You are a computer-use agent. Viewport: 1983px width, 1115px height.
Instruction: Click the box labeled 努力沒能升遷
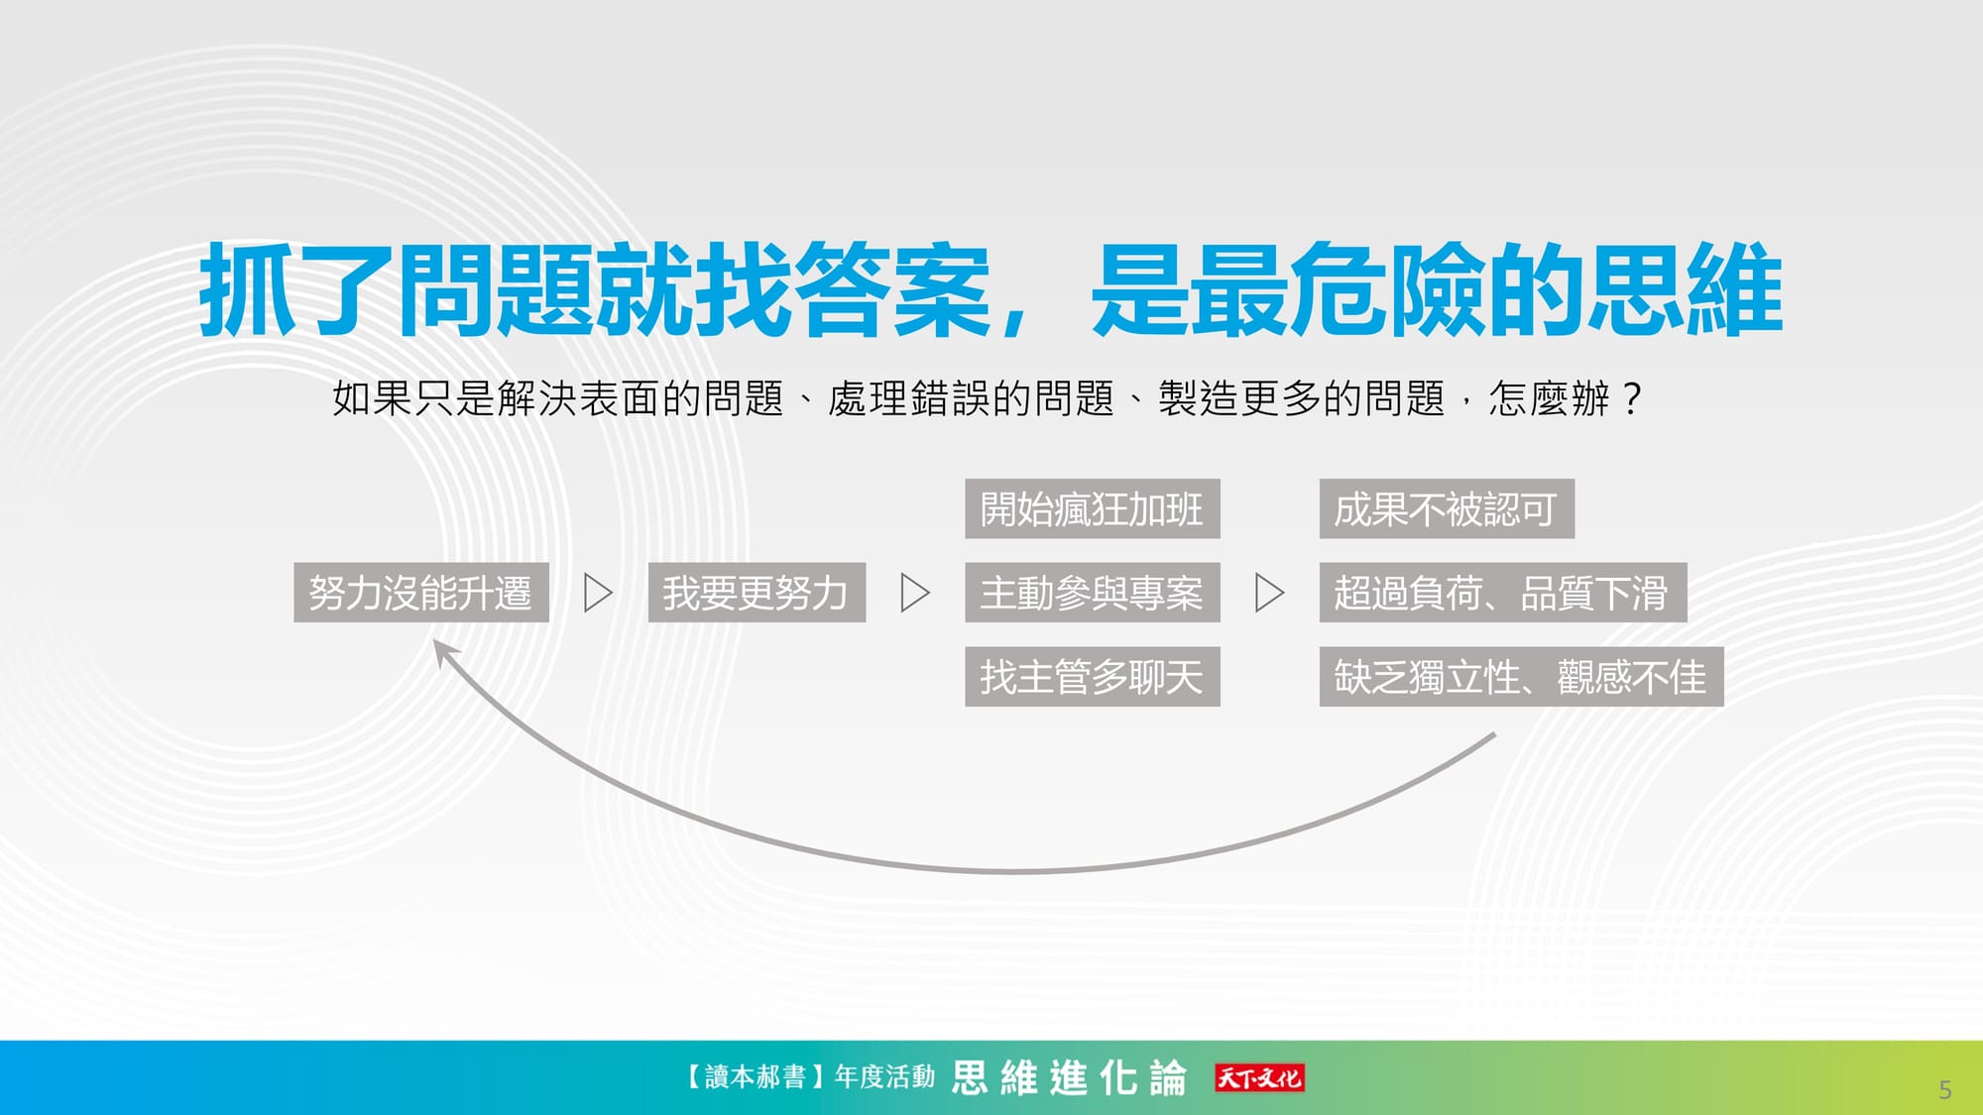tap(421, 593)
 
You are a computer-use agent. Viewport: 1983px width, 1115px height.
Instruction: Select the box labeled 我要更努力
tap(757, 593)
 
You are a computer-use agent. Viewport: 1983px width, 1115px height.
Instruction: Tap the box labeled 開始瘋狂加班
tap(1093, 509)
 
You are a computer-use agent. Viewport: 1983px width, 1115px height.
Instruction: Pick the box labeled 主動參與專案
tap(1093, 593)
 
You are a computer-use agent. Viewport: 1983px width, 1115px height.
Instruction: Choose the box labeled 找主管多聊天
tap(1093, 677)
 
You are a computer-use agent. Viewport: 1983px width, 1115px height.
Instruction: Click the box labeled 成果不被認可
tap(1447, 509)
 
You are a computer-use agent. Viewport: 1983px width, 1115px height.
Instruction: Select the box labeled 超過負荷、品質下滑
tap(1503, 593)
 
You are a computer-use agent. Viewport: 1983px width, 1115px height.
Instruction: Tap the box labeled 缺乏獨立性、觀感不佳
tap(1522, 677)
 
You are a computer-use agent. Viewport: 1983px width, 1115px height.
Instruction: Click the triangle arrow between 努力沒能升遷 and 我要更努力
tap(598, 593)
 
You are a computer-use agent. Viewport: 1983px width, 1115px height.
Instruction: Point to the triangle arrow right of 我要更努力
tap(915, 593)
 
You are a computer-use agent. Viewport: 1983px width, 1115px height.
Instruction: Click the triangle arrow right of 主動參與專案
tap(1269, 593)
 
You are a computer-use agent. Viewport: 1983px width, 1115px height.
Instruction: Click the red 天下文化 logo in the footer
tap(1259, 1077)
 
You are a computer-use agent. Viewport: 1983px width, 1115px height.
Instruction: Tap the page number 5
tap(1944, 1090)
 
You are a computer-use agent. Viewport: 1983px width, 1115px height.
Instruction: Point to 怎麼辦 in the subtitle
tap(1550, 398)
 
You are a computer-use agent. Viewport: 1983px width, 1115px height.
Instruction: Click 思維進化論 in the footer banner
tap(1069, 1077)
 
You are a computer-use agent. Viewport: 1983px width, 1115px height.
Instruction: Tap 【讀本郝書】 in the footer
tap(755, 1076)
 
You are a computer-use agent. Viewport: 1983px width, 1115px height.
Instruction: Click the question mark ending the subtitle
tap(1631, 398)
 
